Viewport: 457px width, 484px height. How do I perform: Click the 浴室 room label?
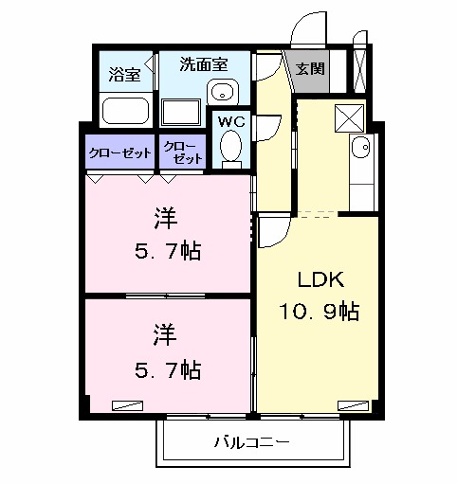point(124,74)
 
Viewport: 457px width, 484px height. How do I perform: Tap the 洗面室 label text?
point(205,65)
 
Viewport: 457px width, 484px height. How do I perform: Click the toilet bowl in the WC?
point(230,148)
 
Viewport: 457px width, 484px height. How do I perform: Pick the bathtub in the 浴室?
point(125,112)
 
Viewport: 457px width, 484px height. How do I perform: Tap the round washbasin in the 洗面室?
point(223,93)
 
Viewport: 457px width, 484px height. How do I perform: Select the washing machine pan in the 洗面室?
point(181,111)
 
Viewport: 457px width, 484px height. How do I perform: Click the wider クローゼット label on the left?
point(119,152)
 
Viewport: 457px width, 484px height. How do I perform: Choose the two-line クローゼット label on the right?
point(180,152)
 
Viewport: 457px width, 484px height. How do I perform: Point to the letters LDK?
point(314,280)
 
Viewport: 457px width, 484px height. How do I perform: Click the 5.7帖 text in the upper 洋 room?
point(166,252)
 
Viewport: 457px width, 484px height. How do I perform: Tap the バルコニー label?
point(251,442)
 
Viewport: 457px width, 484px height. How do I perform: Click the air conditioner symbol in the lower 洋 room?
point(124,403)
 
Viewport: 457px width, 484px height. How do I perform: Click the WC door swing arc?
point(267,128)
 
